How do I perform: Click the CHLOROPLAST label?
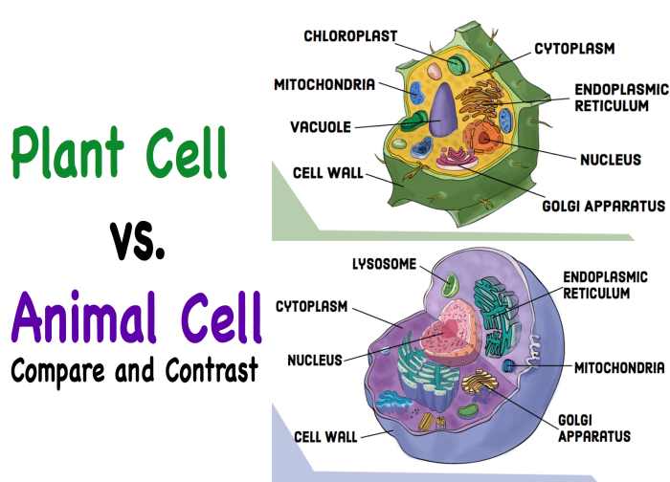(x=350, y=36)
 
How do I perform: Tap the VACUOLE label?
(x=322, y=126)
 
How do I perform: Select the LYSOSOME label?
(x=383, y=265)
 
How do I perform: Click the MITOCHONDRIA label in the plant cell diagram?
(x=324, y=83)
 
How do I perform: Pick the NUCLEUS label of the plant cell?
(x=611, y=160)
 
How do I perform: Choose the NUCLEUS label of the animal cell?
(x=315, y=361)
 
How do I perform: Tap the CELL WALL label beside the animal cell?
(x=326, y=437)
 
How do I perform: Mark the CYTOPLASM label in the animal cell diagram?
(x=311, y=308)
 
